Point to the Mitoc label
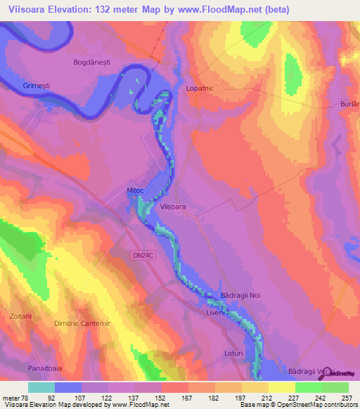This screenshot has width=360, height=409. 136,190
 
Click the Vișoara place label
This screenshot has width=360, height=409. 172,207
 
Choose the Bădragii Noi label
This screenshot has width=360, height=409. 240,296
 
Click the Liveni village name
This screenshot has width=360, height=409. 216,312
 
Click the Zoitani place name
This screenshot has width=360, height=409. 20,317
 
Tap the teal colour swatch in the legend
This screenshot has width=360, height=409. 41,387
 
